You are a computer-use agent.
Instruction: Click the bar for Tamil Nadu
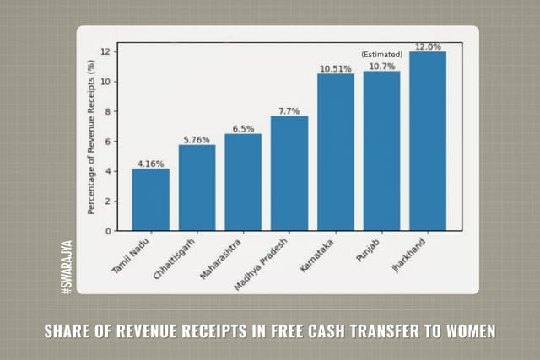[150, 200]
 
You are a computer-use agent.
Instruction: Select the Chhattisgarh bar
[197, 188]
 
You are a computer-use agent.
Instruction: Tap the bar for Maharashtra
[243, 182]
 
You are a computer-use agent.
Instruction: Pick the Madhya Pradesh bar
[289, 173]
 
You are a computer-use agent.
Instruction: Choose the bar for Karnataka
[335, 152]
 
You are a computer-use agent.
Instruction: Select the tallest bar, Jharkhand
[428, 141]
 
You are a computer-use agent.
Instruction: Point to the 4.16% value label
[150, 163]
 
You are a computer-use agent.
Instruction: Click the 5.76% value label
[197, 139]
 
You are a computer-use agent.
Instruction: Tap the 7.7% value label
[289, 110]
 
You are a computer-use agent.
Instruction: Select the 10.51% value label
[335, 67]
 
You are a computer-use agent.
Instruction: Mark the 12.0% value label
[428, 46]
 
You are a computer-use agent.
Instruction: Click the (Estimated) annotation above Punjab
[381, 54]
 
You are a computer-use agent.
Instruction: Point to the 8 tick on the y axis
[106, 111]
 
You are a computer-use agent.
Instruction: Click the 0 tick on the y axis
[106, 230]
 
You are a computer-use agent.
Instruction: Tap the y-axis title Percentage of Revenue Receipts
[90, 140]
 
